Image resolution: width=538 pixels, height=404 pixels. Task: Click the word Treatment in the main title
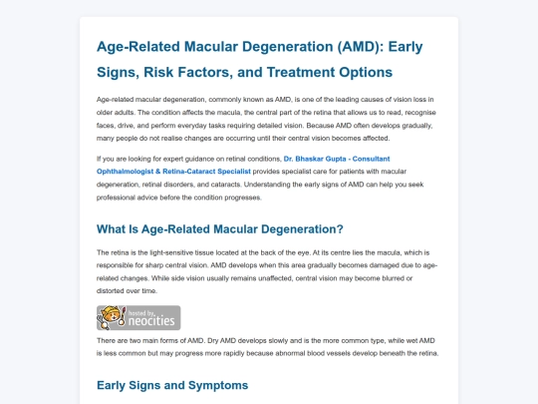pos(300,72)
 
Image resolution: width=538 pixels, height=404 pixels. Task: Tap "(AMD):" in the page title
pos(361,47)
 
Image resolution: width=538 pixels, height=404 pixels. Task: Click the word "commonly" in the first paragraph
pos(224,100)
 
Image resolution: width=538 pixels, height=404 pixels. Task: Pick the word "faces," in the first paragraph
pos(105,126)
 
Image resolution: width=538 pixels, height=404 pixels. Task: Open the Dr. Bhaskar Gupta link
pos(243,165)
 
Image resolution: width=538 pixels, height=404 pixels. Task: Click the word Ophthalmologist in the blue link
pos(125,172)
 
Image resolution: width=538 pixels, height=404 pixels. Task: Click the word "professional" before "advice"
pos(116,198)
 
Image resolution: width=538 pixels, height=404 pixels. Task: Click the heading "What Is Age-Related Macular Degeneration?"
pos(220,229)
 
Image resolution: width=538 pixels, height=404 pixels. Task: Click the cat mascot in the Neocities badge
pos(112,317)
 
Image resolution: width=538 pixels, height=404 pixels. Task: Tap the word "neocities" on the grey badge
pos(151,321)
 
